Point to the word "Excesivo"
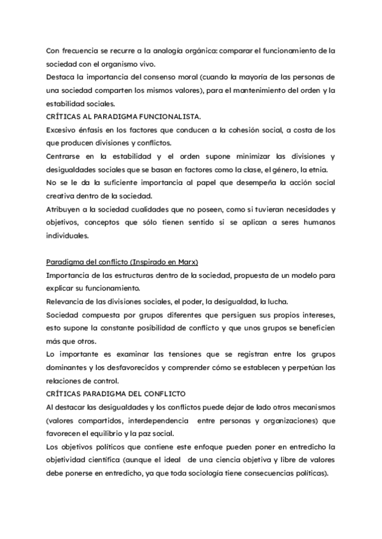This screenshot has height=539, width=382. tap(62, 130)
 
